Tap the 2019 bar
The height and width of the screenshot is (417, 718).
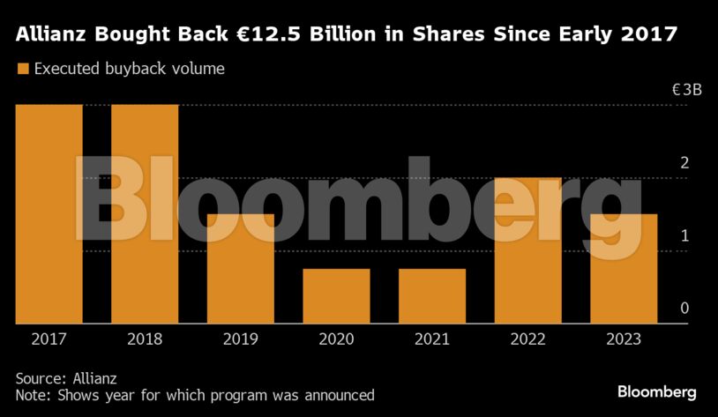click(x=240, y=269)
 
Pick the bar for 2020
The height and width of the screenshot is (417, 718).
click(x=336, y=296)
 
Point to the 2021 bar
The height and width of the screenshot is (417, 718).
click(x=431, y=296)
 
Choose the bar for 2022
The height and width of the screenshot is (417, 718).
click(x=527, y=250)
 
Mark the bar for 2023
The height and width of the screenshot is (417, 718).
click(x=623, y=269)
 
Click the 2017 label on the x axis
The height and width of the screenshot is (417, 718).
click(x=49, y=339)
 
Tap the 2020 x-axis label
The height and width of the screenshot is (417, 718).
click(x=336, y=339)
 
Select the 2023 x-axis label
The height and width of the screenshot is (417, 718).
click(x=623, y=339)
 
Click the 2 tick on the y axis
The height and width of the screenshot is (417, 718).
click(x=684, y=163)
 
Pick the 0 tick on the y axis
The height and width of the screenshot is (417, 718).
click(x=684, y=309)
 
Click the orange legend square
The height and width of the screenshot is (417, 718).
click(x=22, y=69)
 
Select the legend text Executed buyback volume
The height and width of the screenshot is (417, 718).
click(x=129, y=69)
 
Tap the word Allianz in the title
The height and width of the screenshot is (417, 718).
click(x=52, y=35)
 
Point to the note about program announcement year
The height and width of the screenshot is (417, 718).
click(x=194, y=395)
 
